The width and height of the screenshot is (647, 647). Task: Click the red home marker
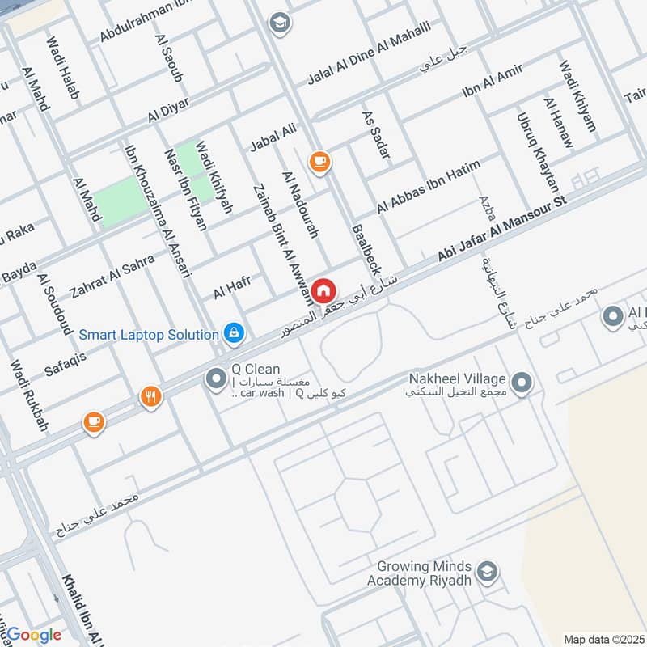[x=323, y=290]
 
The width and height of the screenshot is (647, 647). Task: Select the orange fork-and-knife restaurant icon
[x=150, y=396]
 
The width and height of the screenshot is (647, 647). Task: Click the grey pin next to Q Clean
[x=216, y=378]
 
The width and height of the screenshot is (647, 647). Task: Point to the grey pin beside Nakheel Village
[x=522, y=381]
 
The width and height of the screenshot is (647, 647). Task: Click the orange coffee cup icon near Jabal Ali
[x=319, y=162]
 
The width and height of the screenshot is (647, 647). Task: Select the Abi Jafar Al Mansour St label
[x=503, y=227]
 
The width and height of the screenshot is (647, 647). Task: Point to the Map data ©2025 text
[x=603, y=639]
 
